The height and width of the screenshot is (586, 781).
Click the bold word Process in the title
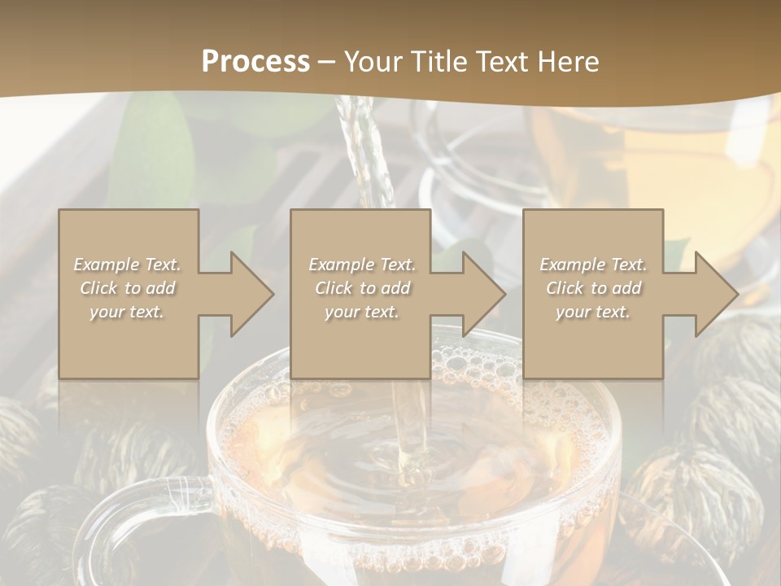[255, 62]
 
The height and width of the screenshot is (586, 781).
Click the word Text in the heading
[504, 62]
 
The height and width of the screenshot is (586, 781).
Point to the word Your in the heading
[373, 62]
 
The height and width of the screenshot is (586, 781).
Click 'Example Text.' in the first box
[128, 265]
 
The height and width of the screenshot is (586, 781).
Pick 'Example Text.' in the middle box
[361, 265]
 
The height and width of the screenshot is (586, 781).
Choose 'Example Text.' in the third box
[593, 265]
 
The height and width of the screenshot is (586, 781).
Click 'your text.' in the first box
[128, 312]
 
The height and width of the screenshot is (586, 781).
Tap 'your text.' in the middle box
[361, 312]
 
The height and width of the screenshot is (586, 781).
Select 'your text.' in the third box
[593, 312]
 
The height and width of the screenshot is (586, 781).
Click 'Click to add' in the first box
[128, 288]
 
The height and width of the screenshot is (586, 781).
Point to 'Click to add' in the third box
[593, 288]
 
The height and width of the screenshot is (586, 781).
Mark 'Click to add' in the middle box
[361, 288]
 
